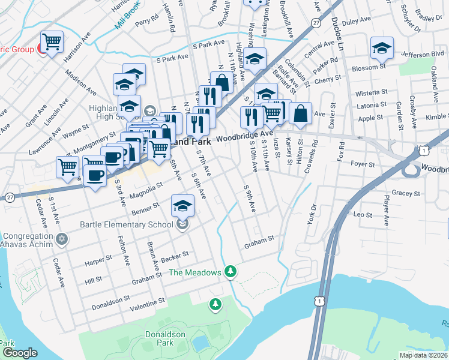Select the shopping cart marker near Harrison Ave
coord(52,42)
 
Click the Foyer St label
coord(363,164)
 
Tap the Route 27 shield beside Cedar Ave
coord(9,196)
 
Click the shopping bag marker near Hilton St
coord(300,113)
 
